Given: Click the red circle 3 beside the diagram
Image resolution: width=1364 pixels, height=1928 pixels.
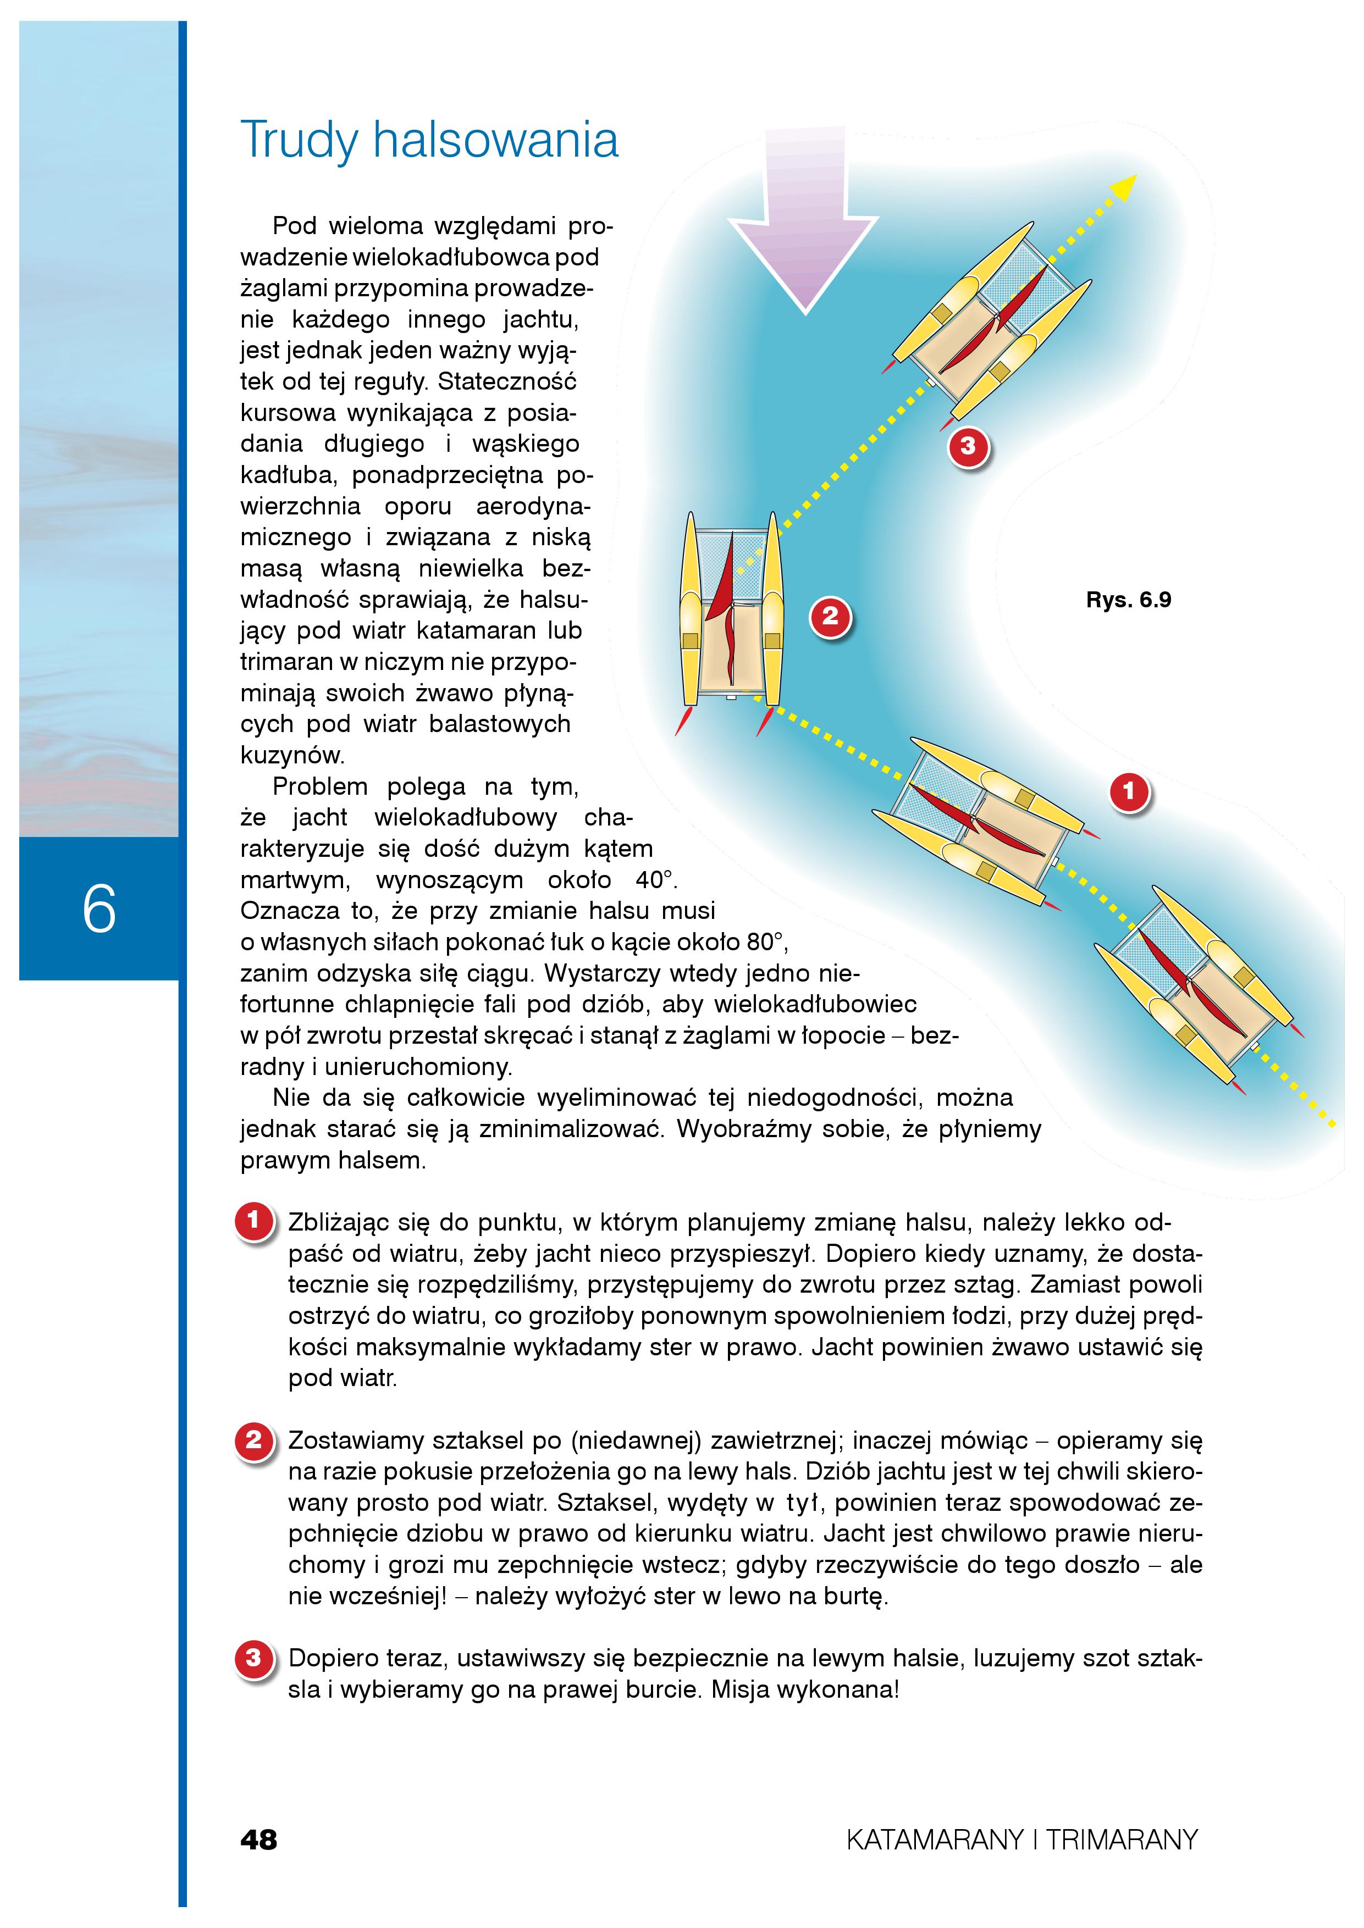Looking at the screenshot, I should (x=968, y=446).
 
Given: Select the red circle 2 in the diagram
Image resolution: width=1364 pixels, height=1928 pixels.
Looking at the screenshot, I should (x=830, y=617).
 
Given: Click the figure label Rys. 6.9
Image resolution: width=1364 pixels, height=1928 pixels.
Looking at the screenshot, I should (x=1128, y=600).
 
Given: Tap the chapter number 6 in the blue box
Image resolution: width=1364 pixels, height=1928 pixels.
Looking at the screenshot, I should (x=99, y=910).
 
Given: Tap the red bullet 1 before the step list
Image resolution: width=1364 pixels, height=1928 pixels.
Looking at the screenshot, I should (x=253, y=1221).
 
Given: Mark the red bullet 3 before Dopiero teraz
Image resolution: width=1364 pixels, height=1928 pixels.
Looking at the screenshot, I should (x=253, y=1659).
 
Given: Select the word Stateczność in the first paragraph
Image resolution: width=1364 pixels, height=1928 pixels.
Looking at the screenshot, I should (x=507, y=382).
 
